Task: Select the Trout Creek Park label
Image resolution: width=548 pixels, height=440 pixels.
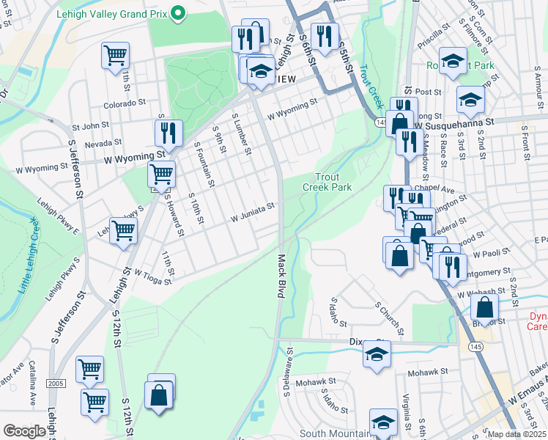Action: (x=327, y=182)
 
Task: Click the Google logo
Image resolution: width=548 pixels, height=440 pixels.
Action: (x=25, y=431)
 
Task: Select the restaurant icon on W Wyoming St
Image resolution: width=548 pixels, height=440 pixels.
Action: (x=169, y=133)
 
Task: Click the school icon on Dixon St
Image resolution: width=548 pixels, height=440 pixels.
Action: (x=376, y=354)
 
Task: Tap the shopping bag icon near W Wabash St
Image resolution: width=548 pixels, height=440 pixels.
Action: (x=484, y=307)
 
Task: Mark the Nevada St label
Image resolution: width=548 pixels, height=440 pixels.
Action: (x=103, y=144)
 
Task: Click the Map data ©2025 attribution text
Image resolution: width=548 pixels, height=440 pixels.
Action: (x=517, y=434)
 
